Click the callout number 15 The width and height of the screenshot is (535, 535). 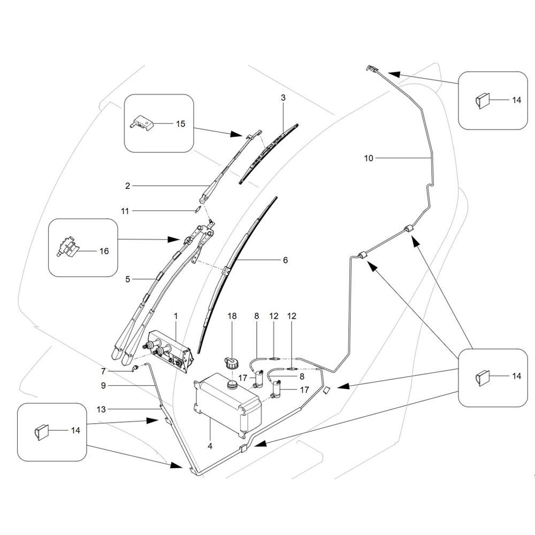(180, 124)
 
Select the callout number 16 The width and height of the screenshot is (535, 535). (104, 251)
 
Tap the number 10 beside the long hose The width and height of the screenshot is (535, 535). (369, 158)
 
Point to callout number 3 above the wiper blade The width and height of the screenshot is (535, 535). (283, 97)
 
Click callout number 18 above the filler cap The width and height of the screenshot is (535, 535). (232, 316)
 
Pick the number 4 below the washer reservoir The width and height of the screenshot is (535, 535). (210, 446)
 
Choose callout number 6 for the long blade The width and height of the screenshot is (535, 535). (285, 260)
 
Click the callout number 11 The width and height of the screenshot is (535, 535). (125, 211)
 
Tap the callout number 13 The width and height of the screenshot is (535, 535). (101, 409)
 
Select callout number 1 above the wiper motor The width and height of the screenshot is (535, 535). (175, 316)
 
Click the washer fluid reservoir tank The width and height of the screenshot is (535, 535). (227, 405)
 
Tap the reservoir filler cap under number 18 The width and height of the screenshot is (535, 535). (230, 362)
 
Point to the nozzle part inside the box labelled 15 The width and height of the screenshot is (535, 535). (141, 122)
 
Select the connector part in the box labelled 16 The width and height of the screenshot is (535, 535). (67, 247)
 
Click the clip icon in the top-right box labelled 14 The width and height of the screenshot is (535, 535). (482, 101)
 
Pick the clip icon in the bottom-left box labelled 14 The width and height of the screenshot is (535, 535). (41, 433)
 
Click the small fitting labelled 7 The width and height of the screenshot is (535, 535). (135, 369)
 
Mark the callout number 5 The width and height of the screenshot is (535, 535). (128, 279)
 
